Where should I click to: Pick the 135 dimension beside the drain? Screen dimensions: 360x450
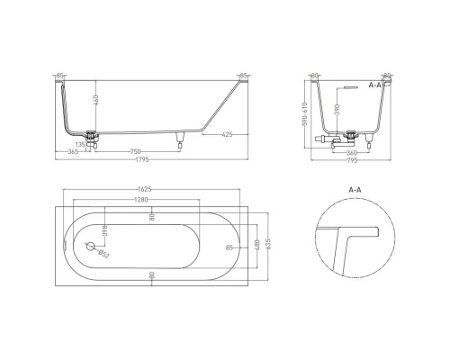click(x=81, y=141)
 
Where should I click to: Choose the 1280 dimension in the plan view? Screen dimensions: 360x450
click(x=136, y=201)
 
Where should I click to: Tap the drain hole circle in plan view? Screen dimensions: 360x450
click(x=90, y=245)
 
